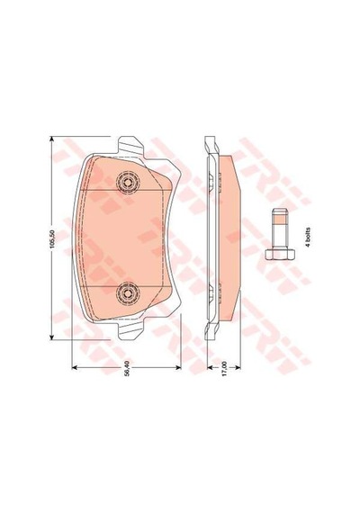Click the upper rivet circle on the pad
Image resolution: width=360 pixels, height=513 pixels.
point(128,182)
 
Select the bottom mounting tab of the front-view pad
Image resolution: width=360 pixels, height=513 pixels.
point(130,331)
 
